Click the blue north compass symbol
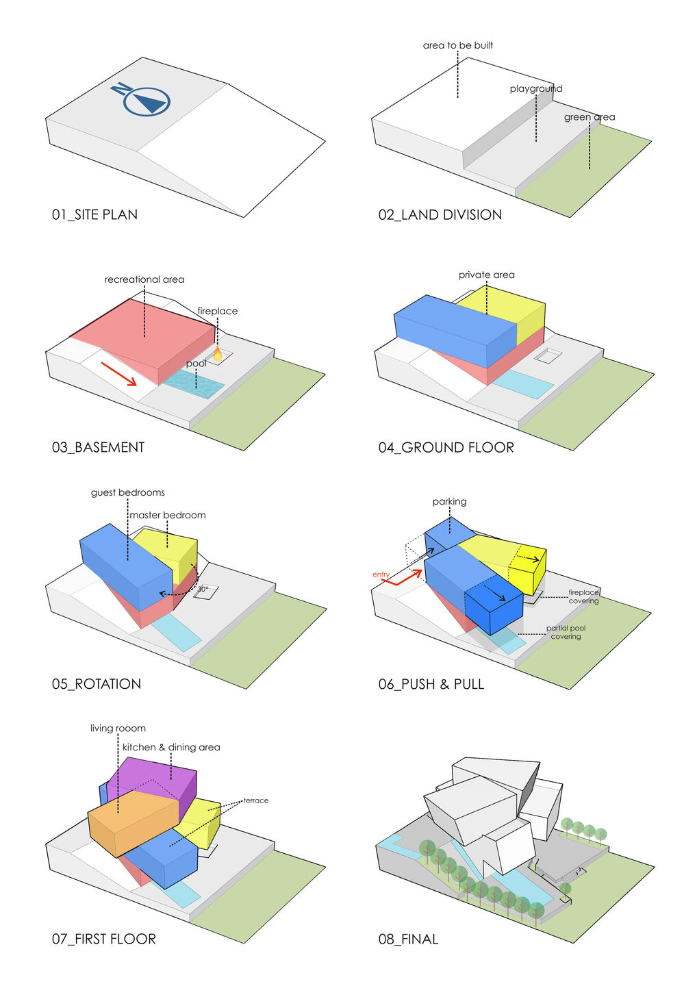pos(142,99)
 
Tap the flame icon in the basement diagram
pos(217,353)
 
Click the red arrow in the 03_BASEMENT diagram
pos(119,374)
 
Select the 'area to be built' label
pos(457,45)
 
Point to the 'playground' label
pos(536,89)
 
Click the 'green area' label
pos(590,117)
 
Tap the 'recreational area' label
pos(144,279)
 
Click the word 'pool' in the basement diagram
pos(197,364)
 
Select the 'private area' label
pos(486,275)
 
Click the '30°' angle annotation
pos(203,589)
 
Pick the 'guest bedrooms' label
pos(127,492)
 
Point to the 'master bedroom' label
pos(168,515)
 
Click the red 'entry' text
pos(381,574)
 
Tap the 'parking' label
pos(449,502)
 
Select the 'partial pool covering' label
pos(566,632)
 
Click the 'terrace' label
pos(255,800)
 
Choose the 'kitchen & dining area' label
pos(171,747)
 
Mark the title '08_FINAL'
pos(408,939)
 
